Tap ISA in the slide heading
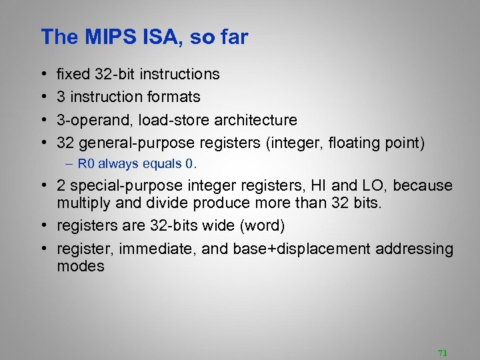tap(157, 37)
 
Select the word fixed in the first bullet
tap(72, 74)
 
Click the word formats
tap(175, 97)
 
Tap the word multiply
tap(79, 203)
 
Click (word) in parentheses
tap(261, 227)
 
